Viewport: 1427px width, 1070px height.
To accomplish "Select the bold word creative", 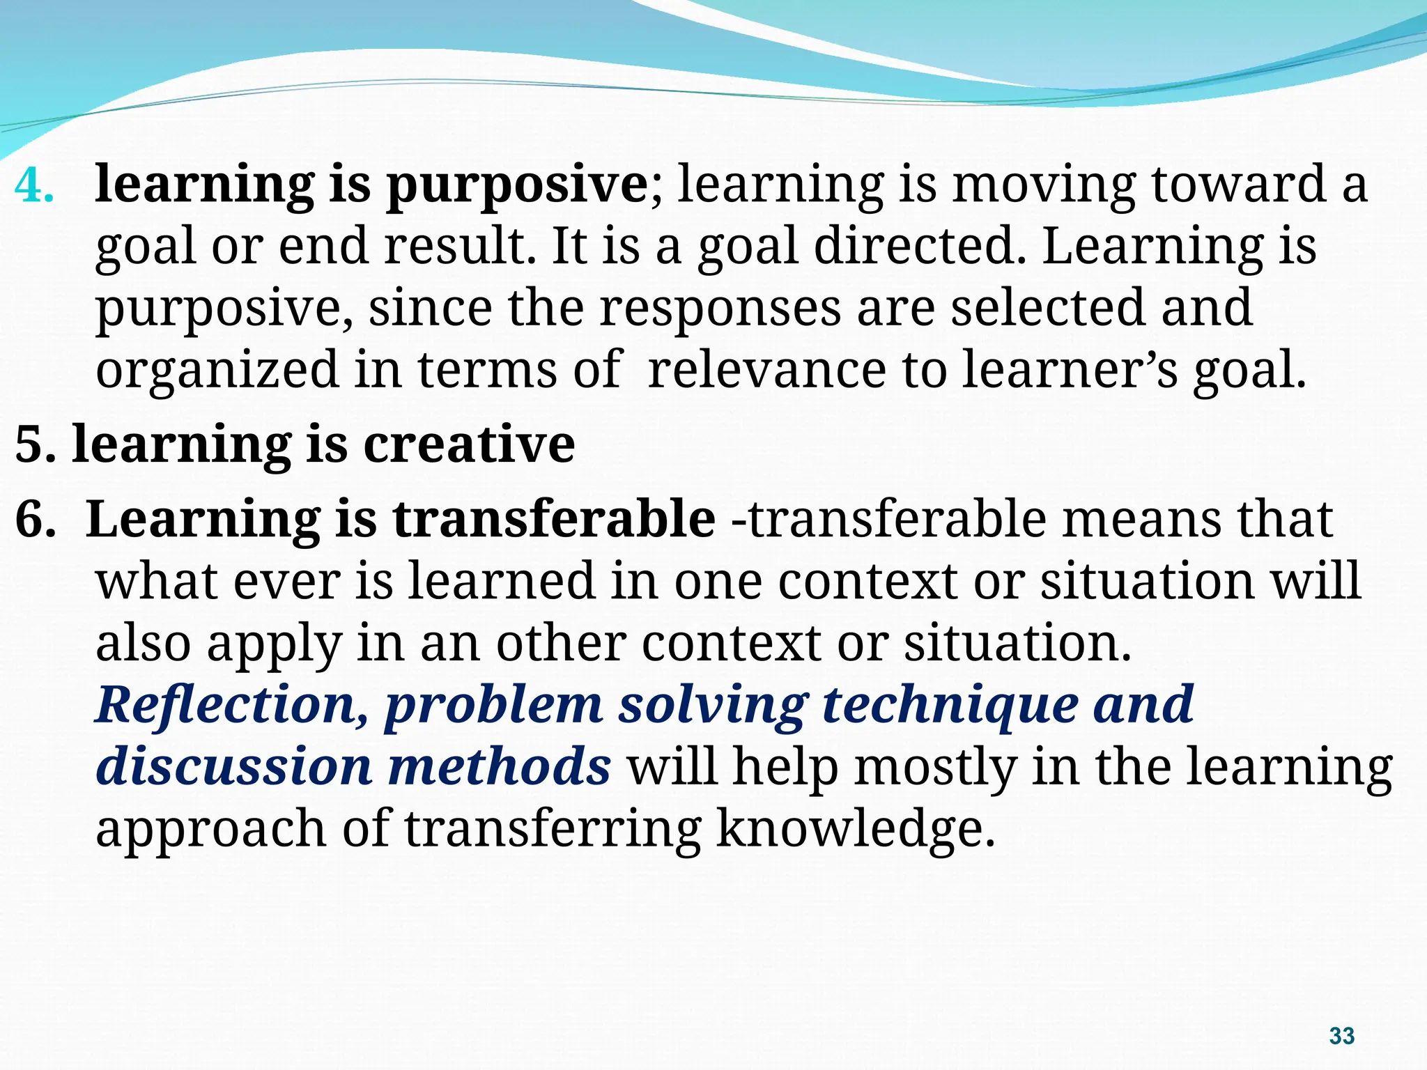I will click(469, 444).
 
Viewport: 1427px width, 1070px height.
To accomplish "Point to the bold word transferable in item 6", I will click(553, 519).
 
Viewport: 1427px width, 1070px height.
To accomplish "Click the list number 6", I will click(33, 519).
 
